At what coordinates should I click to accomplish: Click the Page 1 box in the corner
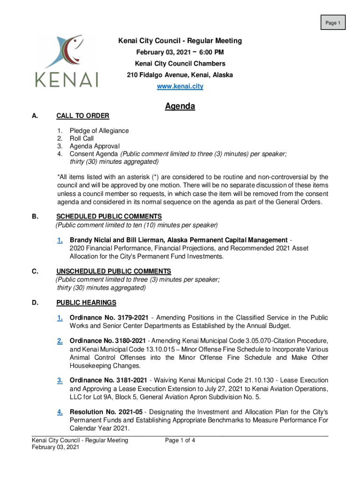332,22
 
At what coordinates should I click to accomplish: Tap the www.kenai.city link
180,87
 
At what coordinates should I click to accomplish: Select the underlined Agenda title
180,107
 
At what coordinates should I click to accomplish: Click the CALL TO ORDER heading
83,116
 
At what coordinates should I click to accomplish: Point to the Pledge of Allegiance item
99,131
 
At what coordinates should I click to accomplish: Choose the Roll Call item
81,138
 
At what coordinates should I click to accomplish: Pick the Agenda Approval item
94,146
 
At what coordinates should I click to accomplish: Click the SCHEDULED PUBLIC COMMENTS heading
109,217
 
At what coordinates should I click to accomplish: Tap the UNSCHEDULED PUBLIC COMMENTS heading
114,271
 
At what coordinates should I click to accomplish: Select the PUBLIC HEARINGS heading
86,303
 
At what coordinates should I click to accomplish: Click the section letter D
35,303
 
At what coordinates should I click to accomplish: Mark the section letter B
35,217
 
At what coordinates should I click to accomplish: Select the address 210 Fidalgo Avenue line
180,75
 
